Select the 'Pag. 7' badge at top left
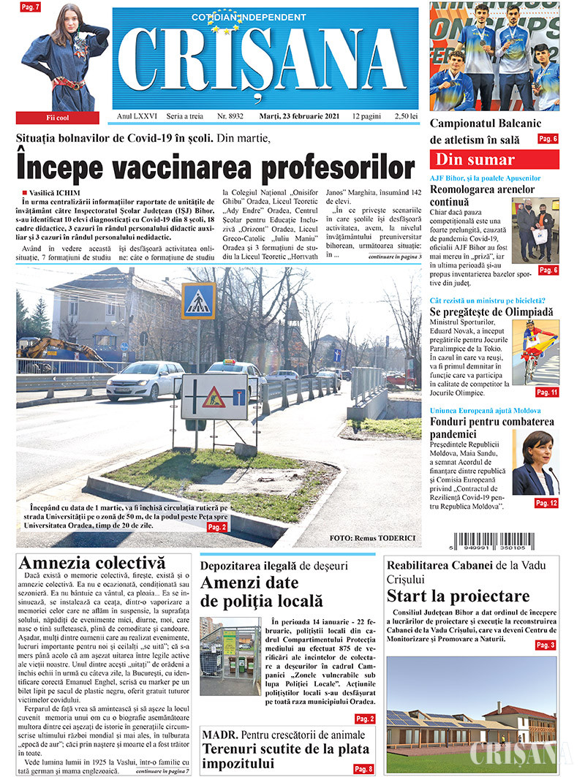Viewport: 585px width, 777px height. pos(31,7)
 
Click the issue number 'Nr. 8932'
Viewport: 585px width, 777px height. pos(230,116)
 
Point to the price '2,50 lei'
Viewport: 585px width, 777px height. pos(404,116)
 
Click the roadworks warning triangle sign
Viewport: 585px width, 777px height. pos(213,398)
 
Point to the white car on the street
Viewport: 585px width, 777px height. pos(146,381)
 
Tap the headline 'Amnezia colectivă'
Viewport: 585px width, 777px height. pos(92,564)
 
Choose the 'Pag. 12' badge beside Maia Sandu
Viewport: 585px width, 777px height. pos(546,503)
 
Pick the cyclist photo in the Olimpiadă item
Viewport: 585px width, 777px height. pos(535,352)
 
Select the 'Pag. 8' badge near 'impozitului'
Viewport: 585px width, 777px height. pos(363,769)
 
